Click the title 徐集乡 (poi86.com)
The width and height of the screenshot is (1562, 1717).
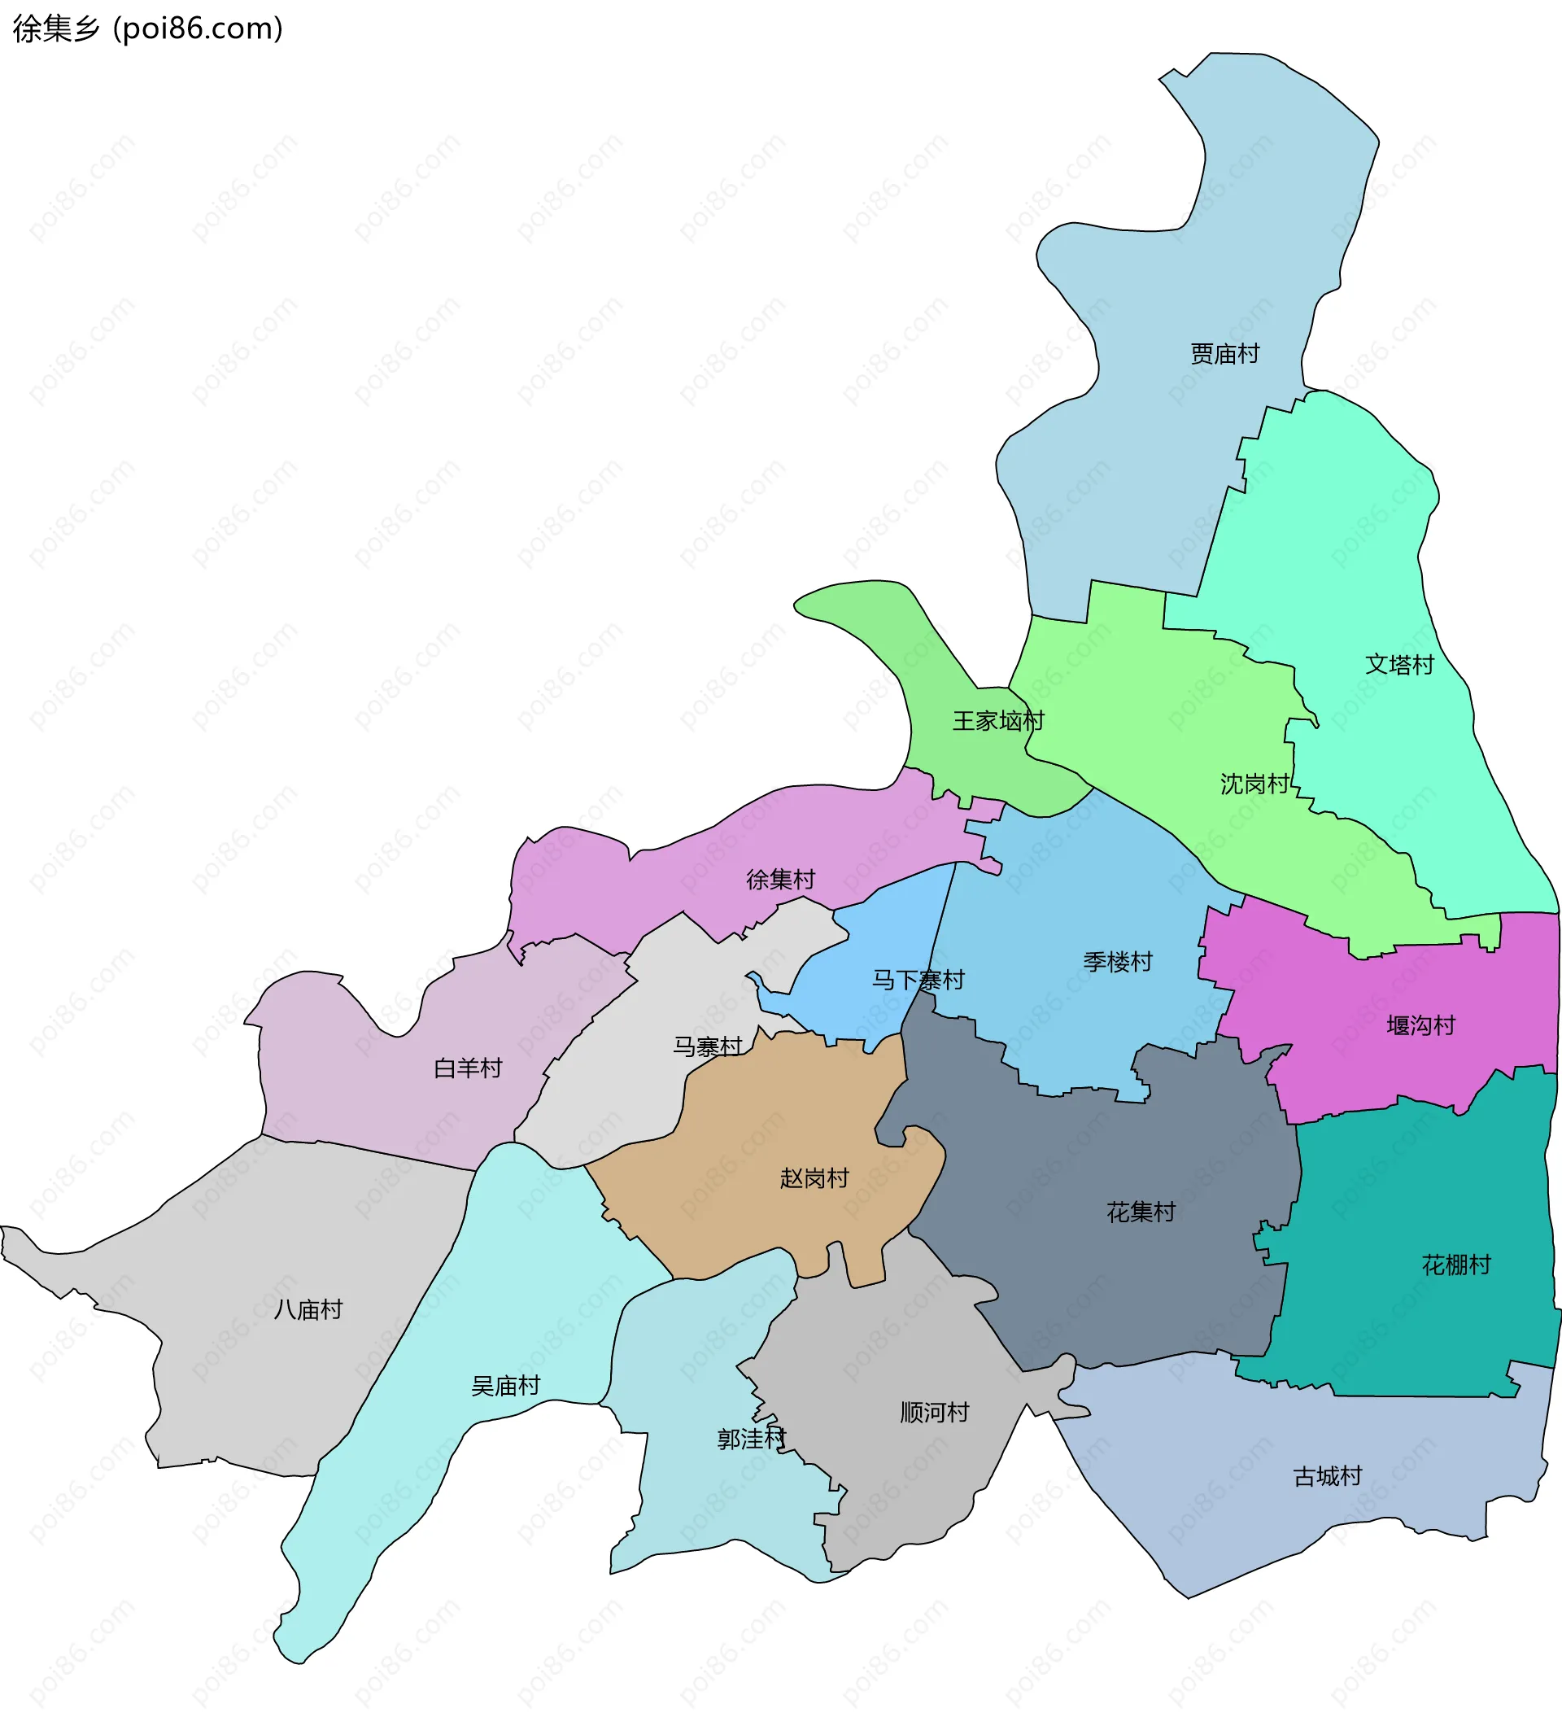pos(147,29)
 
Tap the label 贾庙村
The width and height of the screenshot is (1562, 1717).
pos(1224,353)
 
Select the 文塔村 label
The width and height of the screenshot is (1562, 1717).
pos(1399,664)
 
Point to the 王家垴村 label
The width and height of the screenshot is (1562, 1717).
pos(998,721)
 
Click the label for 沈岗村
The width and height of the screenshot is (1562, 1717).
pos(1254,784)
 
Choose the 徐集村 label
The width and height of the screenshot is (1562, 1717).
pos(780,879)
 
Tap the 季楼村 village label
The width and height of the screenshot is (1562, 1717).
pos(1118,962)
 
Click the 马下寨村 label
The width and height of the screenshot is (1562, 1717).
pos(918,980)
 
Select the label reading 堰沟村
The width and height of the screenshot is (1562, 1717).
pos(1420,1025)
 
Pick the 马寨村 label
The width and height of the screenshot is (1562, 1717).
pos(708,1046)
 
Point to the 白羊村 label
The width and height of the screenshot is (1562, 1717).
pos(468,1068)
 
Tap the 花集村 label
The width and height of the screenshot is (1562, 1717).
pos(1141,1212)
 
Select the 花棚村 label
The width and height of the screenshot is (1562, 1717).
pos(1455,1265)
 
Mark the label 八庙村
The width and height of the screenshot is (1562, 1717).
pos(308,1309)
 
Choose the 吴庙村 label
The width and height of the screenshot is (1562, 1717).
pos(505,1386)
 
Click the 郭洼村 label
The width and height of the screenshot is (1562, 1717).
pos(751,1439)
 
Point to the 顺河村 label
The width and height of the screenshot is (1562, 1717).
pos(934,1412)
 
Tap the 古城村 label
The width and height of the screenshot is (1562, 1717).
pos(1327,1476)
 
